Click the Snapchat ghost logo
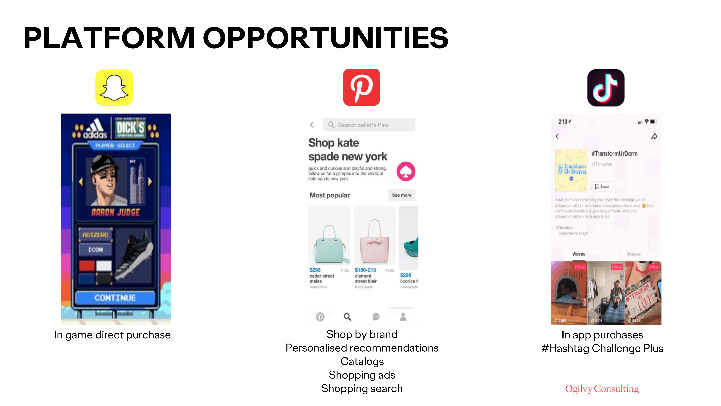click(x=114, y=88)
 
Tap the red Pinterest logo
click(x=361, y=87)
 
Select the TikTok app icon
click(x=606, y=88)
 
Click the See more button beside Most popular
click(x=401, y=195)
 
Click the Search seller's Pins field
click(x=369, y=125)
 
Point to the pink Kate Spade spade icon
click(x=406, y=171)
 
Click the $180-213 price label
click(x=365, y=270)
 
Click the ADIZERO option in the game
click(x=95, y=235)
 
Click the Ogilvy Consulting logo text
click(x=602, y=389)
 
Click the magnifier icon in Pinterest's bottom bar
click(x=347, y=317)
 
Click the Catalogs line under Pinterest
click(x=362, y=361)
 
